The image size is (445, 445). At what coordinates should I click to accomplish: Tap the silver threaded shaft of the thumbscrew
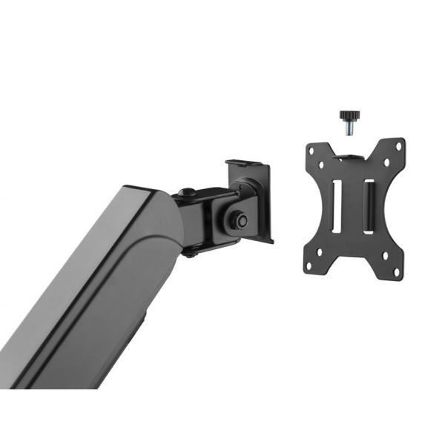(x=348, y=128)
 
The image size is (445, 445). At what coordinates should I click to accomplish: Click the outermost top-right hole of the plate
(x=399, y=145)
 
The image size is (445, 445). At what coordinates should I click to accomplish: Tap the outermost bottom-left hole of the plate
(x=310, y=268)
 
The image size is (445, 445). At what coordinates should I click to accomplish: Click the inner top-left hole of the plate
(x=320, y=159)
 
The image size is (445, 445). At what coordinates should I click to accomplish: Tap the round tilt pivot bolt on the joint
(x=237, y=219)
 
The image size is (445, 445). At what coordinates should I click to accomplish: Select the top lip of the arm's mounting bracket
(x=245, y=161)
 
